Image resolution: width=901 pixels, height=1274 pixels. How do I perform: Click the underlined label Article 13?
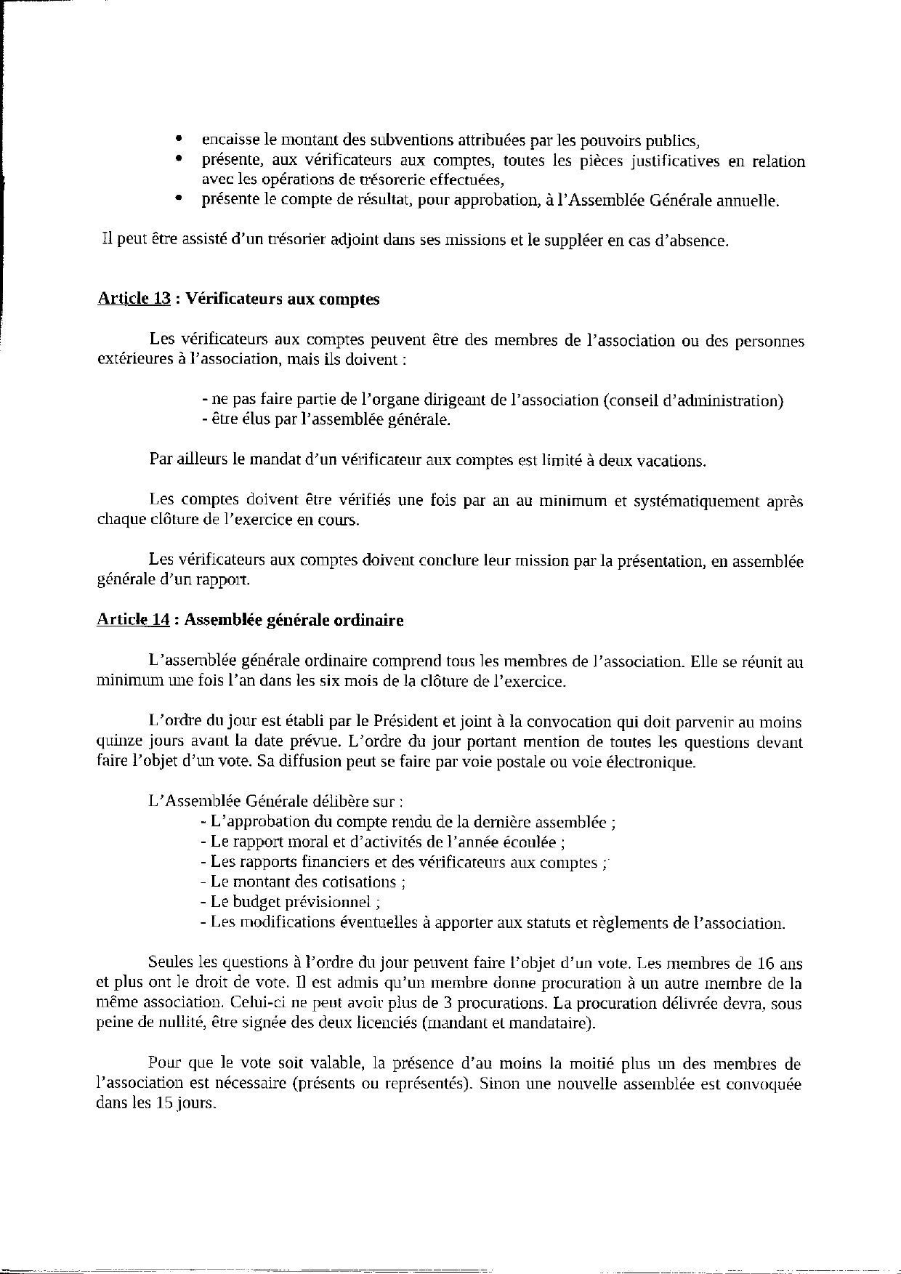click(134, 299)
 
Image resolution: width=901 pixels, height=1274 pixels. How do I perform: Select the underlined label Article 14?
click(134, 620)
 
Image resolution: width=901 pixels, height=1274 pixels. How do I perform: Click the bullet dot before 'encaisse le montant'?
click(178, 140)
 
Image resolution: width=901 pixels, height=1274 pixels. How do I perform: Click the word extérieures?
click(134, 359)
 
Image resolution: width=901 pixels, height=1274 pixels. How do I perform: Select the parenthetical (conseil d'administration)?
click(692, 400)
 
